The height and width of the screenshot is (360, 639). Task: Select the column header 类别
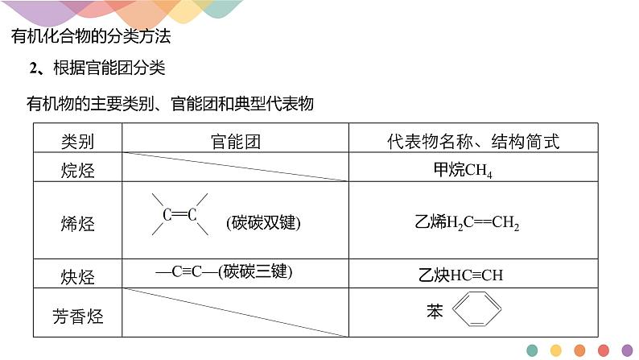[77, 143]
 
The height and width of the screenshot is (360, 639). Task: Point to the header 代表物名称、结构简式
[472, 143]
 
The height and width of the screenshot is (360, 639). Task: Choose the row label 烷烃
[77, 170]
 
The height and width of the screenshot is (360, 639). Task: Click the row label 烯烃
[77, 222]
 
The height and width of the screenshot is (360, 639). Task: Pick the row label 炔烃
[77, 275]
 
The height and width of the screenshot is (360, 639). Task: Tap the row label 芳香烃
[77, 315]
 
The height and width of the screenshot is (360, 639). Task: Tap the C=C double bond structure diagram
[179, 215]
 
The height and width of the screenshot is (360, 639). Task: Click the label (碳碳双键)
[258, 222]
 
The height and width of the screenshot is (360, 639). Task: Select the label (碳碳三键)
[258, 271]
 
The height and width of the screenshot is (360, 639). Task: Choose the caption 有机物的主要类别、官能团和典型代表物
[169, 104]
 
